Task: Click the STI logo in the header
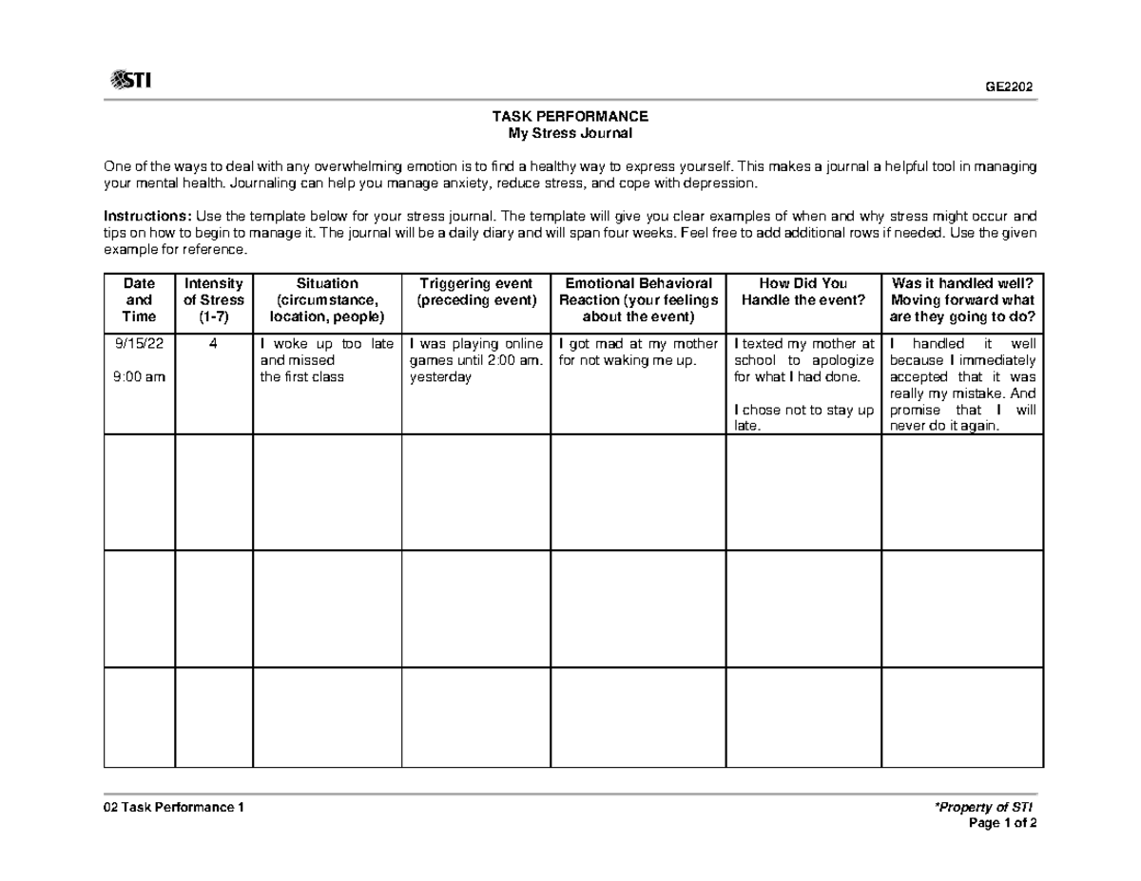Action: [131, 81]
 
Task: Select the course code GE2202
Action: [1009, 87]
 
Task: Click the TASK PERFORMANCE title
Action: [570, 116]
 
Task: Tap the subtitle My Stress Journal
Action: [570, 133]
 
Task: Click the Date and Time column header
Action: [139, 299]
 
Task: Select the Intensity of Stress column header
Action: [214, 299]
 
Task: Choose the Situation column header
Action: [327, 299]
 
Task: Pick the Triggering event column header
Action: [476, 291]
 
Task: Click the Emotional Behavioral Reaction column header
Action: [638, 299]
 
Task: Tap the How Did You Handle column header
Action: [803, 291]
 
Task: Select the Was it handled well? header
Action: [962, 299]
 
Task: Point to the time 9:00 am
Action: [139, 376]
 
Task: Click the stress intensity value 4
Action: [214, 343]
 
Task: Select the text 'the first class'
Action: [301, 376]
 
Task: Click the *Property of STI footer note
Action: [986, 807]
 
